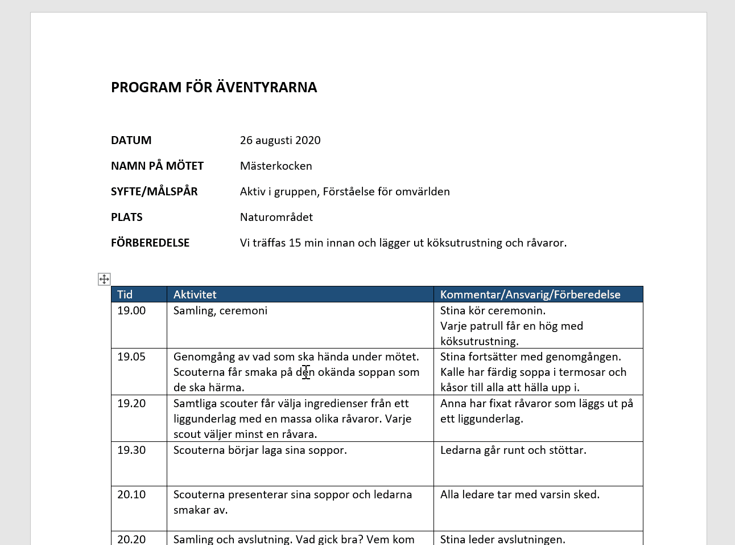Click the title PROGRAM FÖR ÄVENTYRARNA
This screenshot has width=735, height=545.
(214, 87)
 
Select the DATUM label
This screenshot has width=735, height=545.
(131, 140)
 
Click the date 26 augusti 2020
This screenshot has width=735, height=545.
(280, 140)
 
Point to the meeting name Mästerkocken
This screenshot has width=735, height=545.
(276, 166)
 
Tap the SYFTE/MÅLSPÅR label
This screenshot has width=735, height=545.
(154, 191)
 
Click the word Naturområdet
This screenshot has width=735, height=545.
(276, 217)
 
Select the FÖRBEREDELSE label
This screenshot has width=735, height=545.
(150, 243)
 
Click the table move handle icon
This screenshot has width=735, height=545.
(104, 279)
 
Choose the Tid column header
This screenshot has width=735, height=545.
(125, 294)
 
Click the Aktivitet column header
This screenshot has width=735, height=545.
(195, 294)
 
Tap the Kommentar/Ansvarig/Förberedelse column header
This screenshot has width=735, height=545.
(530, 294)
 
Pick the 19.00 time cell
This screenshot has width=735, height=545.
(131, 310)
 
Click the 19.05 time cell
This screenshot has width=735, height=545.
(131, 356)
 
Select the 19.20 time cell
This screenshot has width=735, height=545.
(131, 403)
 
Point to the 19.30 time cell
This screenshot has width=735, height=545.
(131, 450)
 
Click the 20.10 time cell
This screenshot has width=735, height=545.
(131, 494)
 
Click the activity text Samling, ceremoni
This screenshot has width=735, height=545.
(220, 310)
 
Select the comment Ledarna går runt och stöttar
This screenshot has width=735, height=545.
(513, 450)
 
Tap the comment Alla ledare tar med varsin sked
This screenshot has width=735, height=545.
(520, 494)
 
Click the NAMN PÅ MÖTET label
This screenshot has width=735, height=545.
(157, 166)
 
